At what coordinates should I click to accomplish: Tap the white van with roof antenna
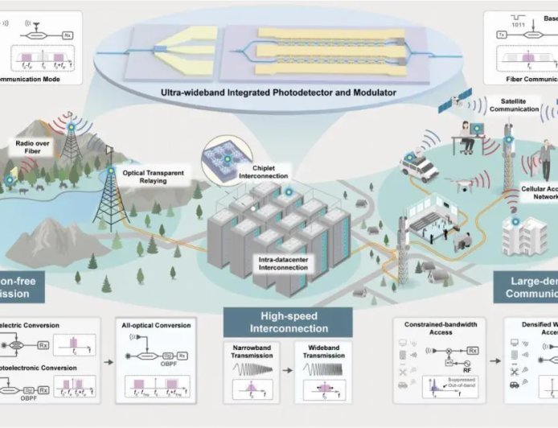point(418,166)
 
